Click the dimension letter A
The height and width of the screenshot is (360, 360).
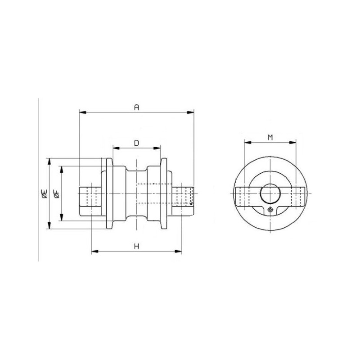[x=137, y=107]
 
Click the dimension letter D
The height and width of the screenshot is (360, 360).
[x=137, y=143]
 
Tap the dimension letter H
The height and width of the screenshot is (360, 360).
[x=137, y=247]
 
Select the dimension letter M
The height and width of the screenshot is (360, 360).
[x=270, y=138]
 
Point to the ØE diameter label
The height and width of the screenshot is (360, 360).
[x=44, y=193]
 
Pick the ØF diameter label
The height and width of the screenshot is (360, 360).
[x=57, y=193]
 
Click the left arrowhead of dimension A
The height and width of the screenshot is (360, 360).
[x=83, y=112]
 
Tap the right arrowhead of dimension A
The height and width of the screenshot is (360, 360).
[x=190, y=112]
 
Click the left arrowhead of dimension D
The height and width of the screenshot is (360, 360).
[x=117, y=148]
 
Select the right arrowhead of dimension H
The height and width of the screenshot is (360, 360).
[x=178, y=252]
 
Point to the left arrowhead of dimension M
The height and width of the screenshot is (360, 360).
[x=248, y=143]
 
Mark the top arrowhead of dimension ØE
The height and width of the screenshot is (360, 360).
[x=49, y=162]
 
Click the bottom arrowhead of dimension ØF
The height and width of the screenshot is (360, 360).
[x=62, y=217]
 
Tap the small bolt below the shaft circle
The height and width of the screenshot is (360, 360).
[x=271, y=210]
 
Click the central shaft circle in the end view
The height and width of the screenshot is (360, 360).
[x=270, y=193]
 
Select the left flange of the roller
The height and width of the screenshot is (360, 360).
[x=109, y=193]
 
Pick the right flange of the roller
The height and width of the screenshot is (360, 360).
[x=163, y=193]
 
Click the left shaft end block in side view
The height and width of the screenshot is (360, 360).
[x=90, y=201]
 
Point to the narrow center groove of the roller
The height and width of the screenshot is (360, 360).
[x=136, y=193]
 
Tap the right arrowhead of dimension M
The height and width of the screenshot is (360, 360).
[x=292, y=143]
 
